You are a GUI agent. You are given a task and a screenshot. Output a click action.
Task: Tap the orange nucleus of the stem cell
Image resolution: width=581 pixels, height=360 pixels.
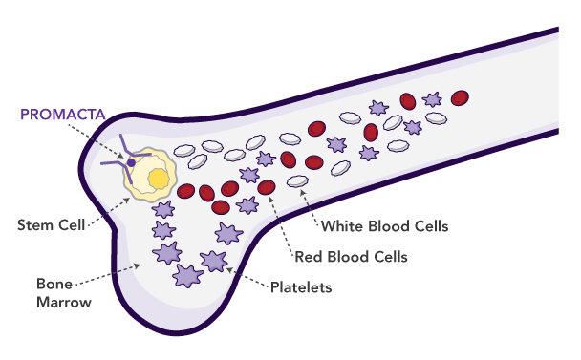point(159,179)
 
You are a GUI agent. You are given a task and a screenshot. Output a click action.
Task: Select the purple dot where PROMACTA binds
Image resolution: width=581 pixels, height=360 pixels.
point(132,163)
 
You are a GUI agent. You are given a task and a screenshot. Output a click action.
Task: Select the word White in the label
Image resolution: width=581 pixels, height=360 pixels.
point(341,226)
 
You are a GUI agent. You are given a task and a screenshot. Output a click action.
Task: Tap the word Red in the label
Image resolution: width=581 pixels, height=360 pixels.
point(308,257)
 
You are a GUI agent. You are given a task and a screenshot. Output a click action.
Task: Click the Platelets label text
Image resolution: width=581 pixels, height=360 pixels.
point(302,286)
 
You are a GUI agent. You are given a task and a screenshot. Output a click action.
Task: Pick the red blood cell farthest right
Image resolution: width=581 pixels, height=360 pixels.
point(460,97)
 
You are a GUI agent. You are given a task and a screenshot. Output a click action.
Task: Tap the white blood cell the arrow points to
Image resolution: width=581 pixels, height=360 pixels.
point(298,181)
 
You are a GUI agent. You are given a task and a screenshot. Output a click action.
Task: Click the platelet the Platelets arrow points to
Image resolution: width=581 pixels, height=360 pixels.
point(213,260)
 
